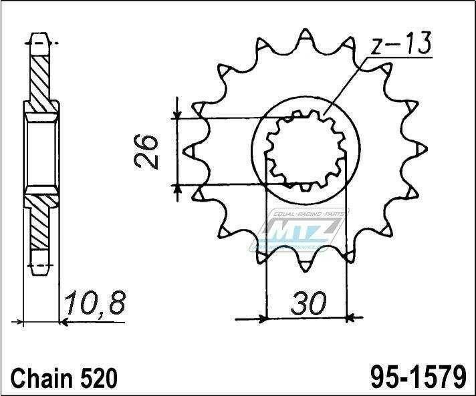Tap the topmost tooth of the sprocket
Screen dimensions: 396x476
[305, 35]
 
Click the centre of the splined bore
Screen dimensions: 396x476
[305, 150]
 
